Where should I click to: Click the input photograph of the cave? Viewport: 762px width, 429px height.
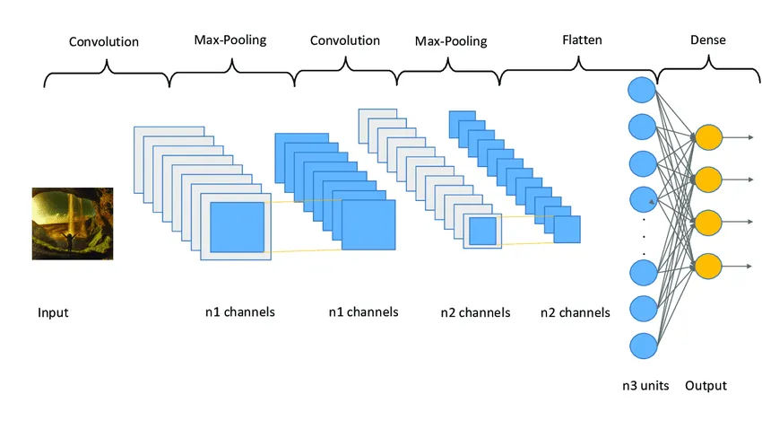pos(73,223)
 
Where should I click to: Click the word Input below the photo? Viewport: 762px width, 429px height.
pos(53,313)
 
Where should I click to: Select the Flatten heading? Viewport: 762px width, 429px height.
pos(582,39)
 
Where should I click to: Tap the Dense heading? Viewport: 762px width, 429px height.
pos(707,39)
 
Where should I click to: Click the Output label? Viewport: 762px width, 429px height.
pos(706,386)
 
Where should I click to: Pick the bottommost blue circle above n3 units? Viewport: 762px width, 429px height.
pos(642,345)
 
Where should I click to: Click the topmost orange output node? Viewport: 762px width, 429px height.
pos(708,137)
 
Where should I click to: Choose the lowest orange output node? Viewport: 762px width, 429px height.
pos(708,266)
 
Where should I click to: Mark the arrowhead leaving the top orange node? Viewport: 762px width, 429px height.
pos(749,137)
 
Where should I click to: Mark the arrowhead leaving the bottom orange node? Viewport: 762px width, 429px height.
pos(749,266)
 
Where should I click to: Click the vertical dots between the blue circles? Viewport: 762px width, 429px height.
pos(642,235)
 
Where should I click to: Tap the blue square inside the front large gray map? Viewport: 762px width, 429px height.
pos(237,226)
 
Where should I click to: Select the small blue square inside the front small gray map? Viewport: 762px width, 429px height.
pos(482,231)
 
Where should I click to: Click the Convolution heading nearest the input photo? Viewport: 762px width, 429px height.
pos(105,41)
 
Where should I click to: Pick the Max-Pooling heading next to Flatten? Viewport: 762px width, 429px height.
pos(451,41)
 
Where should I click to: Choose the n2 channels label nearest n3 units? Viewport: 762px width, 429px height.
pos(575,312)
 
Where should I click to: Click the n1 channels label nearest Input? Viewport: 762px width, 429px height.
pos(239,312)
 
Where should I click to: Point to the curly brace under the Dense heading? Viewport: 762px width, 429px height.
pos(707,67)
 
